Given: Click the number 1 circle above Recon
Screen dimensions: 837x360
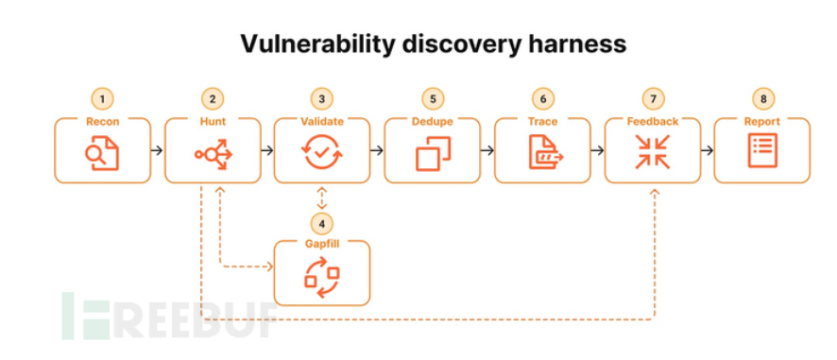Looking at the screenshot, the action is pyautogui.click(x=102, y=99).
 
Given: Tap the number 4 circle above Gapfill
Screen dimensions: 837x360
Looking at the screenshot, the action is pyautogui.click(x=321, y=224).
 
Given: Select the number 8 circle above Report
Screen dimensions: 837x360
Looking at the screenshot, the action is pyautogui.click(x=763, y=99).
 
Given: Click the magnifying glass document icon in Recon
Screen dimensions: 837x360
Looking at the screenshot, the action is pyautogui.click(x=102, y=152).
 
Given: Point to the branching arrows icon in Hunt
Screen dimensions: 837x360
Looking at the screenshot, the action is pyautogui.click(x=214, y=154).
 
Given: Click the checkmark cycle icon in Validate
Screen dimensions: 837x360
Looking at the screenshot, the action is pyautogui.click(x=322, y=152).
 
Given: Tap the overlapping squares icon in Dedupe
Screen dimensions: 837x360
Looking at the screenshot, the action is pyautogui.click(x=433, y=153).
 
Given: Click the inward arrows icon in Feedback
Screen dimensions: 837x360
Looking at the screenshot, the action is pyautogui.click(x=652, y=152).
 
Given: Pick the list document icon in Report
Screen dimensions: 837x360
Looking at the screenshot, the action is pyautogui.click(x=762, y=150).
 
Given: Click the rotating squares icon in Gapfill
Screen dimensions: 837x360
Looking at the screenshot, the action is pyautogui.click(x=322, y=277).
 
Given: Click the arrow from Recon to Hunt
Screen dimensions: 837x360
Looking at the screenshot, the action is pyautogui.click(x=157, y=150).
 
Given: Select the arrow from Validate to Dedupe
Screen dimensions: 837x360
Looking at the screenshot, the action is pyautogui.click(x=377, y=150).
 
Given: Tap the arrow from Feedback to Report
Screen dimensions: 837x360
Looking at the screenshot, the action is pyautogui.click(x=707, y=150).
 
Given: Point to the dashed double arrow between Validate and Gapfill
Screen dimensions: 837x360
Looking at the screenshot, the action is pyautogui.click(x=321, y=197).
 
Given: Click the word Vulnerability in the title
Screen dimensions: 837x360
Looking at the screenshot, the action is pyautogui.click(x=317, y=43).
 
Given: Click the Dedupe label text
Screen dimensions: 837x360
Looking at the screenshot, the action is pyautogui.click(x=433, y=122).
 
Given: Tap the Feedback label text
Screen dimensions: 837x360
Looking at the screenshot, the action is pyautogui.click(x=652, y=122).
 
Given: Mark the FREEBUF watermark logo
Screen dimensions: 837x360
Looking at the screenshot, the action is pyautogui.click(x=170, y=317).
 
